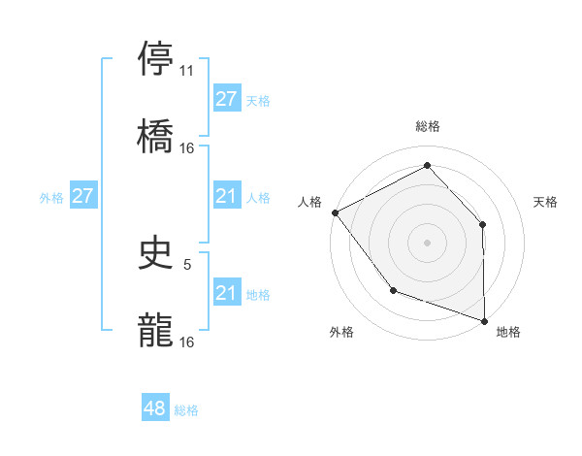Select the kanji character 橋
tap(156, 135)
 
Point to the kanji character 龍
tap(156, 330)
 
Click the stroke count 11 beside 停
tap(187, 70)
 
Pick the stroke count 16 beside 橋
tap(187, 147)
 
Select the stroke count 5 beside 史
tap(187, 264)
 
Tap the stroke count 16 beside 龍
tap(187, 342)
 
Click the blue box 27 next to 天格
tap(226, 99)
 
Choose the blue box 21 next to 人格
tap(226, 197)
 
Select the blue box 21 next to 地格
tap(226, 293)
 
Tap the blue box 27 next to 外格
tap(83, 197)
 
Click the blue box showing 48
tap(155, 409)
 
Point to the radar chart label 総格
tap(428, 126)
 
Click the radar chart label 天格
tap(546, 202)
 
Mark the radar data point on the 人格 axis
tap(335, 212)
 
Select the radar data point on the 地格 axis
tap(484, 319)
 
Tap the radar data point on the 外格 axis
tap(393, 289)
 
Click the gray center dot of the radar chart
tap(427, 242)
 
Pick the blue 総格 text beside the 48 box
tap(186, 410)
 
